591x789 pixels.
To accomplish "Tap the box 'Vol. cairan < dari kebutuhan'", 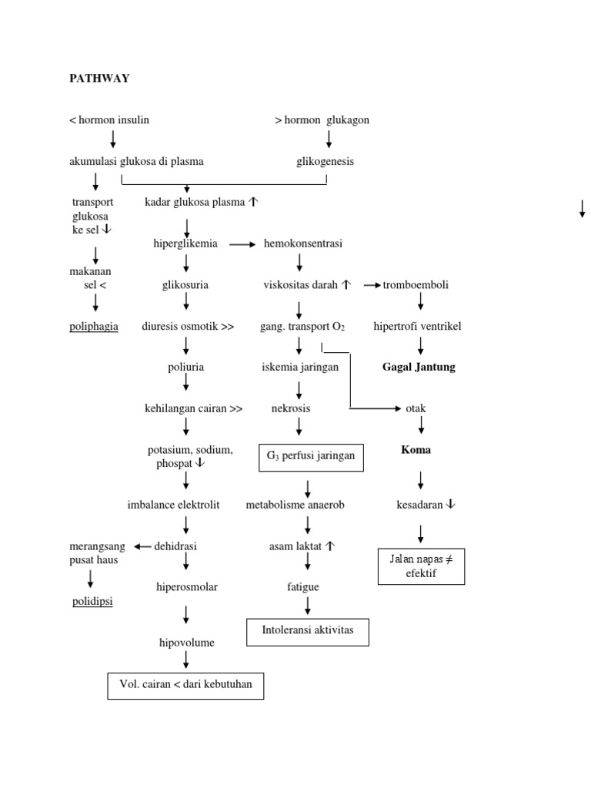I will click(185, 685).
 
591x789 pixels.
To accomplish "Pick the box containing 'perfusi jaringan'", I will click(310, 456).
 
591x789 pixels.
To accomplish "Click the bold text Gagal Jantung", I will click(419, 367).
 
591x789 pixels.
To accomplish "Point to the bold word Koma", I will click(416, 450).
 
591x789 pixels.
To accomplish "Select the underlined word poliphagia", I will click(93, 326).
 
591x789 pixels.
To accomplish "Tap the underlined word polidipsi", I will click(92, 601).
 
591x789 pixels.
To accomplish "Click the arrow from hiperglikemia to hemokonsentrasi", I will click(242, 244).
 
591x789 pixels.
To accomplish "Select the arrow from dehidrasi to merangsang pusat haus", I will click(142, 546).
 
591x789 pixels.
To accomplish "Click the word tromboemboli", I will click(416, 285).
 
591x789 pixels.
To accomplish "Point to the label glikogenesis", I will click(326, 162).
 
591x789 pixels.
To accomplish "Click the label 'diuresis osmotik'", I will click(188, 326).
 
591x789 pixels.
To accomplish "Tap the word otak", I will click(416, 408).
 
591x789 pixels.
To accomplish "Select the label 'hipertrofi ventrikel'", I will click(417, 327).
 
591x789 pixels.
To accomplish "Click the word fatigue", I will click(302, 587).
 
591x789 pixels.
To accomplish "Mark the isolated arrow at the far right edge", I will click(582, 208).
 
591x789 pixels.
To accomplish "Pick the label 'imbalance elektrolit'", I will click(173, 505).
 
